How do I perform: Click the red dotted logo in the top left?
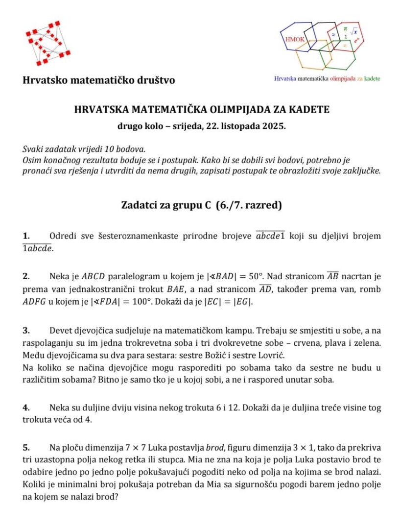coord(48,43)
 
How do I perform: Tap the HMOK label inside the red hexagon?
coord(293,39)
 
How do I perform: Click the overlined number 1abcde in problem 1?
coord(38,249)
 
